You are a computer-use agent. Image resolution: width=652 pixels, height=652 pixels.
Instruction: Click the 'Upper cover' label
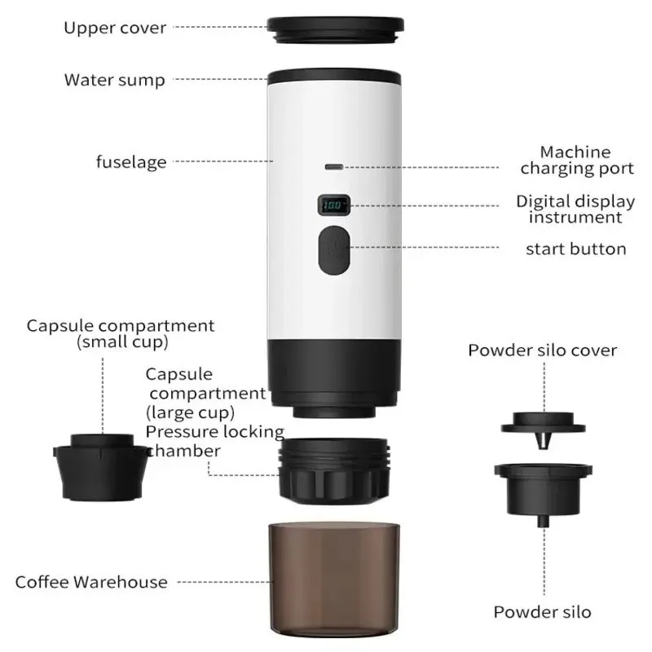pos(115,28)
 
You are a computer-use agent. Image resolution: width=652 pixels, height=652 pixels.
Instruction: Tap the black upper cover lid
pos(335,30)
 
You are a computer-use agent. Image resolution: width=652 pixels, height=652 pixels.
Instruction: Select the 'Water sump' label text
pos(115,80)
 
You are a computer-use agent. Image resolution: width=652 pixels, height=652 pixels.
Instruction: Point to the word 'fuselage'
pos(131,161)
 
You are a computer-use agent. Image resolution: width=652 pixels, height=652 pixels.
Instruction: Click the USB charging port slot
pos(334,167)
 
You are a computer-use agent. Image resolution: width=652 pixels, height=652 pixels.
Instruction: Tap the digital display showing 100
pos(334,205)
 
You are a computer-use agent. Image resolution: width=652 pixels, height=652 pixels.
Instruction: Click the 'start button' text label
pos(576,249)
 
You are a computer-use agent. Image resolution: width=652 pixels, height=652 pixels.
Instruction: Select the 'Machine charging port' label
pos(577,161)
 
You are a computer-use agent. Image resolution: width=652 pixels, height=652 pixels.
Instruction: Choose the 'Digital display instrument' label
pos(575,209)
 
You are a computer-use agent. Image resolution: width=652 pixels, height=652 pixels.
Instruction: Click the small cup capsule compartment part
pos(100,466)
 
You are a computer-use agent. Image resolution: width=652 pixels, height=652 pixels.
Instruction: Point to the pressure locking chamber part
pos(334,471)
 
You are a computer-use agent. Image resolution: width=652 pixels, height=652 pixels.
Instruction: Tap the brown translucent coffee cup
pos(334,579)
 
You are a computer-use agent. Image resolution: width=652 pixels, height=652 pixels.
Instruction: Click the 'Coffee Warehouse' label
pos(91,582)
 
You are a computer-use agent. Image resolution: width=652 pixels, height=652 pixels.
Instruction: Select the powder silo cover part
pos(543,429)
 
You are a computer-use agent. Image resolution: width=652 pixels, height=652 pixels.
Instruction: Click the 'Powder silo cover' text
pos(543,350)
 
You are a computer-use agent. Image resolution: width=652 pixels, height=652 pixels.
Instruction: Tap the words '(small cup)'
pos(123,341)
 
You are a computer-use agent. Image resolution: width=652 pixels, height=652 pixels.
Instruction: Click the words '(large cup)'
pos(190,412)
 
